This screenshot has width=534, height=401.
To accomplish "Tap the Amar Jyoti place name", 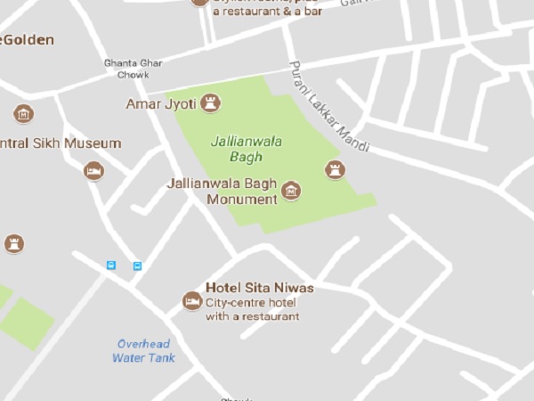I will pos(161,103).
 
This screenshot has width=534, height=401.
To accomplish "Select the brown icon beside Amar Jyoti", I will pos(211,102).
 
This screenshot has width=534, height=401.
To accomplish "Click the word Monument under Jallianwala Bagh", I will pos(242,199).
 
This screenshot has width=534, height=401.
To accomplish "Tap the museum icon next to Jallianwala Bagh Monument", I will pos(291,190).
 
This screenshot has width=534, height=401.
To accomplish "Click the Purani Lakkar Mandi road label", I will pos(328,106).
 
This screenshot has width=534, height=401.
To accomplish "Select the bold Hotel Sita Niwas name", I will pos(259,288).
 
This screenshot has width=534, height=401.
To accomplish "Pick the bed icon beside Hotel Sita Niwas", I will pos(191,301).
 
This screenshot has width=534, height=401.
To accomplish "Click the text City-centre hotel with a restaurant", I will pos(252,309).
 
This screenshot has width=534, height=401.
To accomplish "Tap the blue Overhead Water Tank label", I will pos(143,350).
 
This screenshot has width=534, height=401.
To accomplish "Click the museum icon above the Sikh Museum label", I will pos(23,114).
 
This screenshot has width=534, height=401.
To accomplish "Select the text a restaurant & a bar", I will pos(266,12).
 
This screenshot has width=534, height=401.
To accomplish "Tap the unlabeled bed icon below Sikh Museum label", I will pos(93,170).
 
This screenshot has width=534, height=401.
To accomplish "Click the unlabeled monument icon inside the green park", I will pos(335,169).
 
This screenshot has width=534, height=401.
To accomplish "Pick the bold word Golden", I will pos(30,40).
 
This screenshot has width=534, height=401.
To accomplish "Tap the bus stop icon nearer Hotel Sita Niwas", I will pos(137,266).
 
